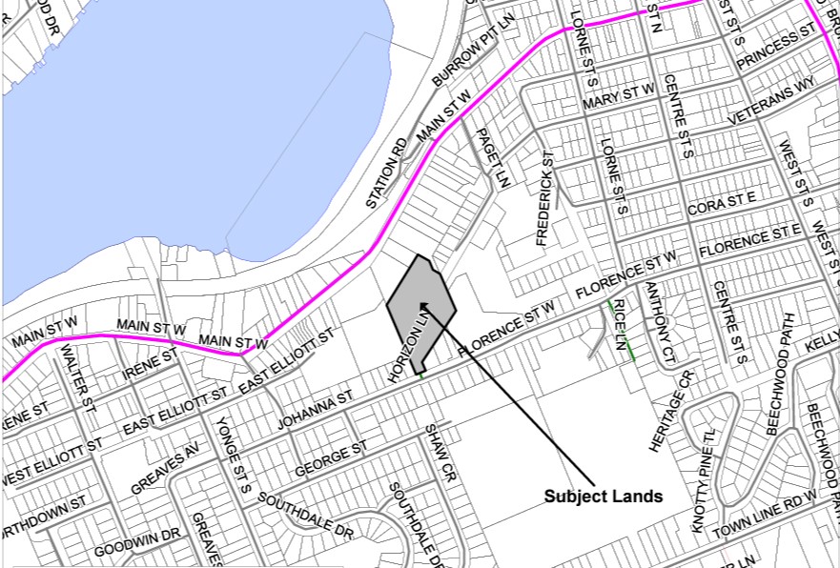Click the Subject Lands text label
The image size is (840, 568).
(603, 497)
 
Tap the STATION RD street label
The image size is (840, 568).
(387, 174)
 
